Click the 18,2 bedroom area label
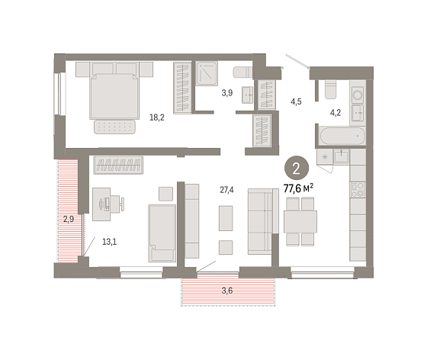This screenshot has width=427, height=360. (x=157, y=117)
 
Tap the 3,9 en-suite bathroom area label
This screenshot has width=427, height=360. (x=227, y=93)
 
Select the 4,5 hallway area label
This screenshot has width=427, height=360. (x=296, y=102)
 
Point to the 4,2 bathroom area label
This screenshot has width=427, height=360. (x=335, y=112)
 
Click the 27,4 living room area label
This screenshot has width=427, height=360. (x=227, y=190)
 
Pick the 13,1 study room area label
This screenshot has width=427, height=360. (x=110, y=242)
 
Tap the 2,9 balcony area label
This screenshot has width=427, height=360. (x=69, y=219)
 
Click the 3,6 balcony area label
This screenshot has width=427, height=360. (x=227, y=291)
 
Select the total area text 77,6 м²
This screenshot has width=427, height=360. (x=298, y=188)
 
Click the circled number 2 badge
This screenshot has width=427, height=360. (x=297, y=169)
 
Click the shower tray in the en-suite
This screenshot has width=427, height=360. (x=207, y=73)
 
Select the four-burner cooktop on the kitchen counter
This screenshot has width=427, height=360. (x=358, y=190)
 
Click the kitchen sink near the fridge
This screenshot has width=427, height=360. (x=342, y=156)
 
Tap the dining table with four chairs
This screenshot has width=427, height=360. (x=300, y=221)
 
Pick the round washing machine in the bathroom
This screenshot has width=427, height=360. (x=358, y=95)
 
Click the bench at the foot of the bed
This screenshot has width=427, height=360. (x=114, y=127)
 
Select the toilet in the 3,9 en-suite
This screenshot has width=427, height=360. (x=242, y=72)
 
